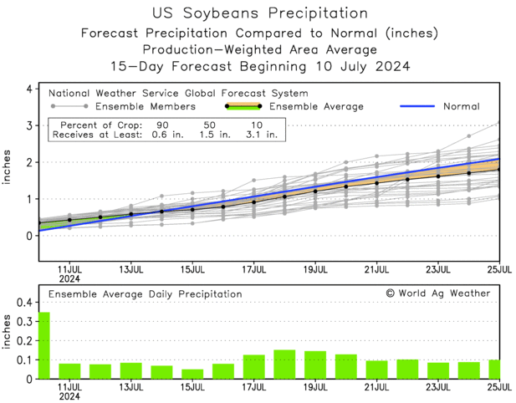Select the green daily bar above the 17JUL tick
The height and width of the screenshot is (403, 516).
tap(254, 367)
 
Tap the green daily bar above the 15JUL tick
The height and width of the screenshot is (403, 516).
tap(192, 374)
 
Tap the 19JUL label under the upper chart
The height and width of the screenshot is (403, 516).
tap(315, 269)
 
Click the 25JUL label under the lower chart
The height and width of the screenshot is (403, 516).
tap(498, 389)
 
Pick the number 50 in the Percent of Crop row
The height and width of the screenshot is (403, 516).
tap(209, 124)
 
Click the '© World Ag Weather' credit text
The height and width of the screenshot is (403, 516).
tap(437, 293)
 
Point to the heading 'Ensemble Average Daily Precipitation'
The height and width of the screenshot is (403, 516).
tap(146, 293)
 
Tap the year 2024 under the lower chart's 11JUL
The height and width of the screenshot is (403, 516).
tap(70, 398)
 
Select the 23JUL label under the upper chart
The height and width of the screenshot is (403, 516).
tap(437, 269)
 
